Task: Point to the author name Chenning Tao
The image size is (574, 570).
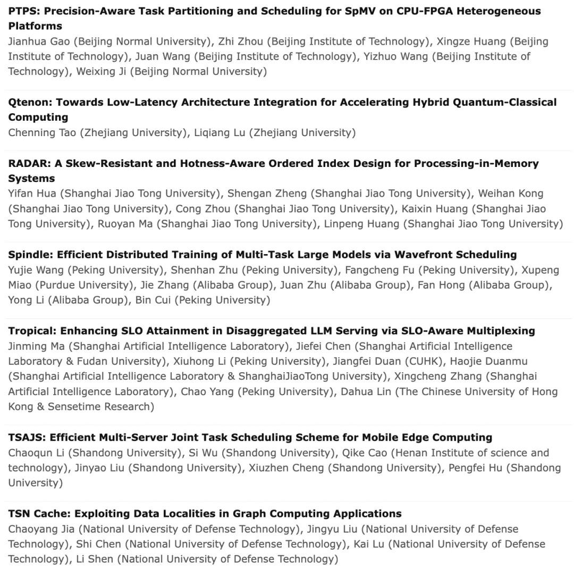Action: point(42,132)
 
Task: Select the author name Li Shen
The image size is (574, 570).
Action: point(92,559)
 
